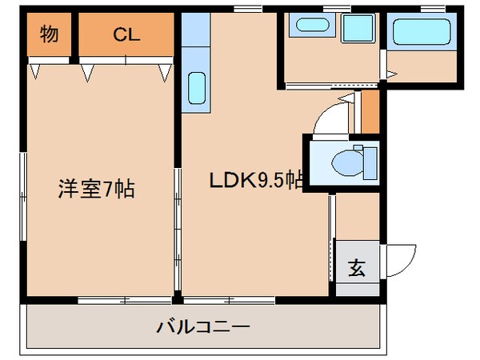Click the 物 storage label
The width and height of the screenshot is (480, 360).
tap(49, 34)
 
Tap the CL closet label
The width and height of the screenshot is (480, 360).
tap(126, 34)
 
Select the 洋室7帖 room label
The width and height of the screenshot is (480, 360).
tap(95, 190)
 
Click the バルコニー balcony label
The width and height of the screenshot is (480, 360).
tap(203, 326)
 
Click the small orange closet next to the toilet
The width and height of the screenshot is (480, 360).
tap(370, 111)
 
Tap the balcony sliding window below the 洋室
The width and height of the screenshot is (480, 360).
tap(123, 300)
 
